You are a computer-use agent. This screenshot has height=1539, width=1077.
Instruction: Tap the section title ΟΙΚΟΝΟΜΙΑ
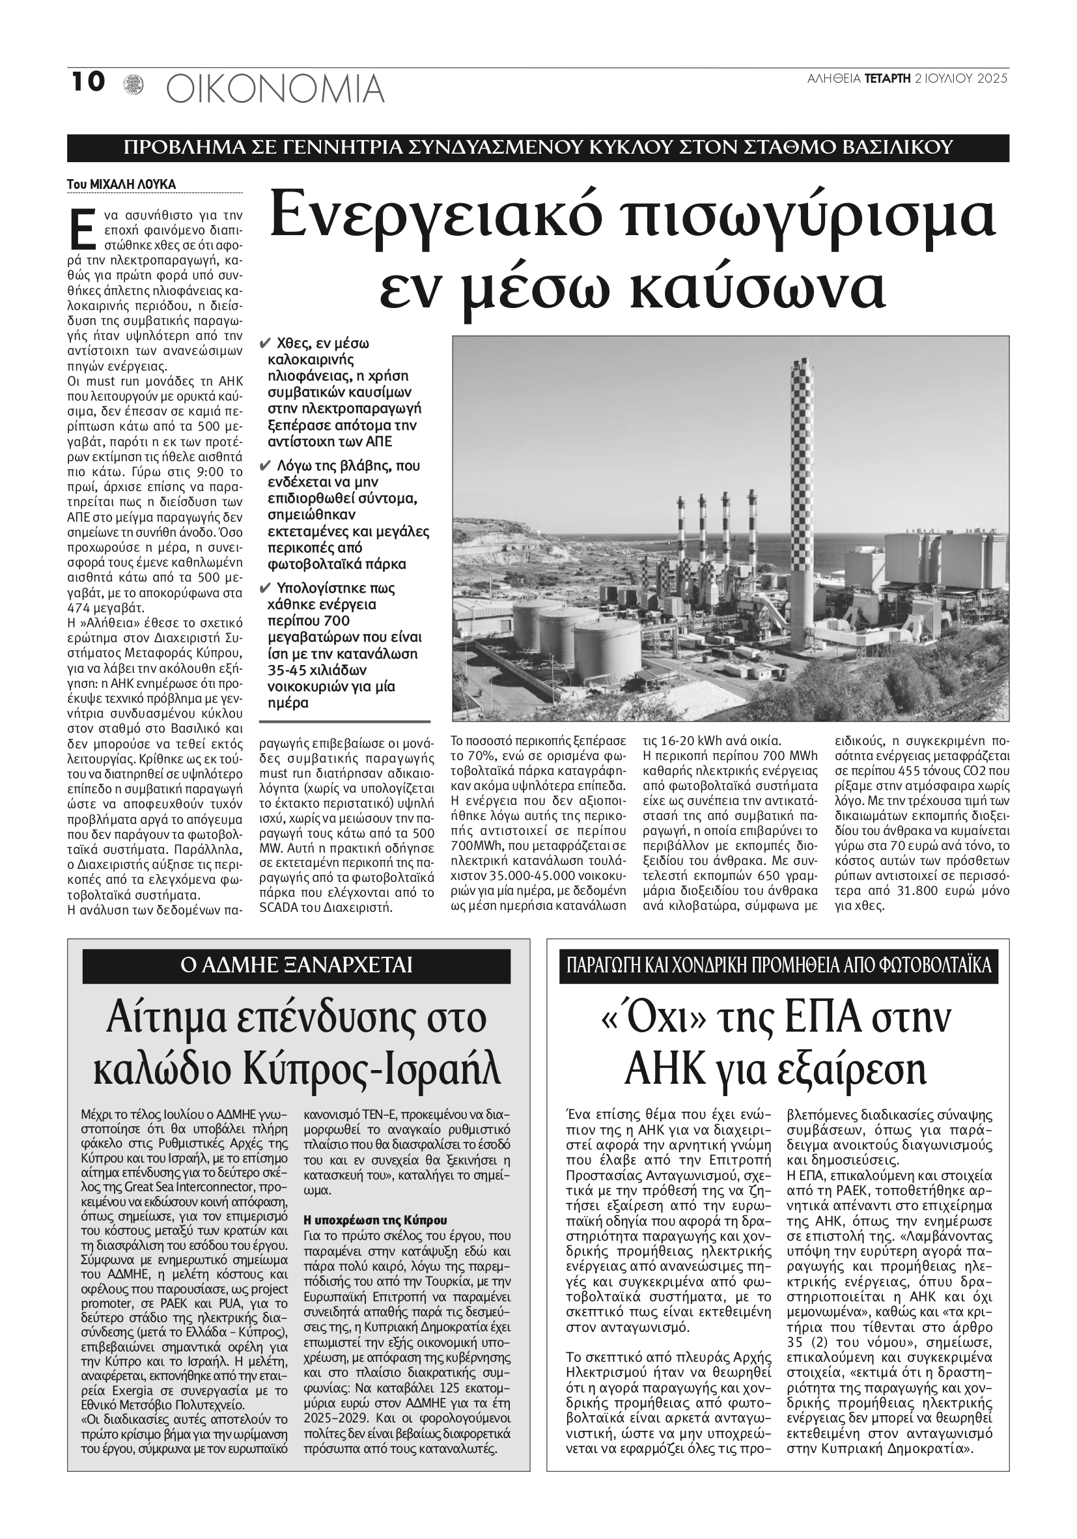(275, 89)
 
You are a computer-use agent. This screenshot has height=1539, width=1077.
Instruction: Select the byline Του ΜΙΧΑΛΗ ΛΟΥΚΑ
(121, 184)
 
